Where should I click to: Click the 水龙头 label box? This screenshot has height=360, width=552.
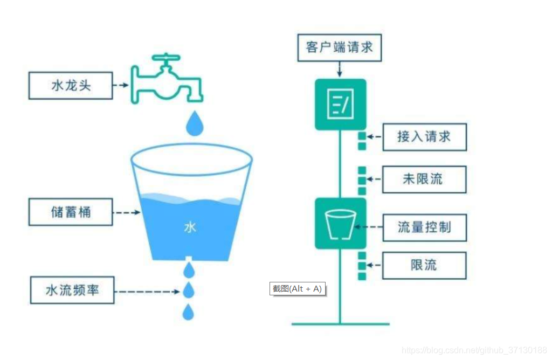pyautogui.click(x=71, y=85)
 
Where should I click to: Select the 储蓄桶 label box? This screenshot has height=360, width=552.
pyautogui.click(x=71, y=212)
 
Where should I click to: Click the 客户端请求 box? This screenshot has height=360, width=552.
pyautogui.click(x=339, y=47)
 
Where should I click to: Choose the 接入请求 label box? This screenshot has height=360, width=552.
pyautogui.click(x=424, y=137)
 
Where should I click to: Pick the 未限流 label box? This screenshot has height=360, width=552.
pyautogui.click(x=424, y=179)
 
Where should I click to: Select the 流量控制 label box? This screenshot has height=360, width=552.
pyautogui.click(x=424, y=227)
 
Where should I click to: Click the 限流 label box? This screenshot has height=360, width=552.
pyautogui.click(x=424, y=265)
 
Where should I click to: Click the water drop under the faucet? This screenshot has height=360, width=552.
pyautogui.click(x=195, y=124)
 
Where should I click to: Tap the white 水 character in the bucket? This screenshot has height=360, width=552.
pyautogui.click(x=190, y=227)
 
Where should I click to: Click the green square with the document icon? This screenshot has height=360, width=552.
pyautogui.click(x=340, y=104)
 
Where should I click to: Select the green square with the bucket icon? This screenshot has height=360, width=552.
pyautogui.click(x=340, y=224)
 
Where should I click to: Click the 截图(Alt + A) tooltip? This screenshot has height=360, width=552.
pyautogui.click(x=297, y=288)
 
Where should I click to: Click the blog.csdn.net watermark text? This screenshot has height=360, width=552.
pyautogui.click(x=475, y=350)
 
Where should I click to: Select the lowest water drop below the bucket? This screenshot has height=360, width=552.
pyautogui.click(x=188, y=311)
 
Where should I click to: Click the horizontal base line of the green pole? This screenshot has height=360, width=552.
pyautogui.click(x=340, y=324)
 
